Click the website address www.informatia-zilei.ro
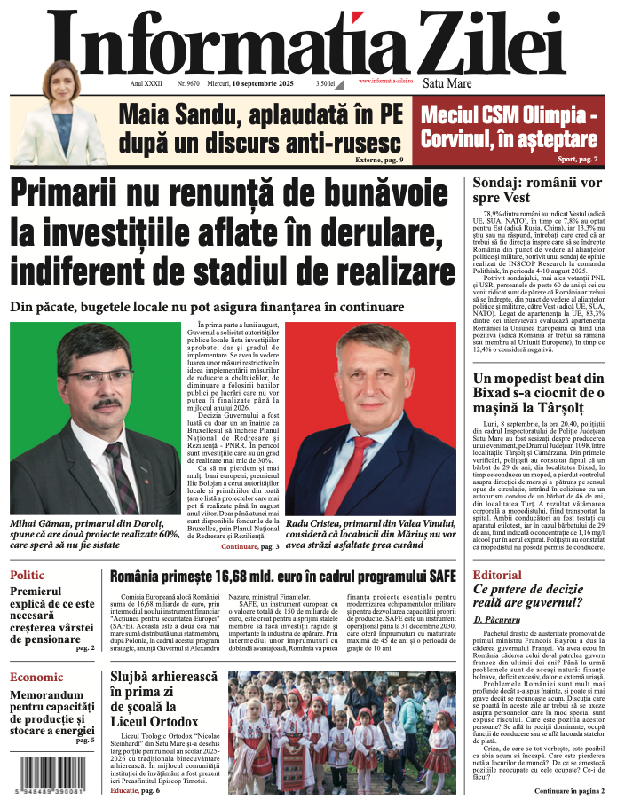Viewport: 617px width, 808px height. pyautogui.click(x=385, y=81)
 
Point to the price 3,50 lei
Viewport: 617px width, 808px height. pyautogui.click(x=326, y=84)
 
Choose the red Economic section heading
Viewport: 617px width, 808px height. pyautogui.click(x=36, y=678)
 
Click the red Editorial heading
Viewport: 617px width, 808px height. pyautogui.click(x=497, y=576)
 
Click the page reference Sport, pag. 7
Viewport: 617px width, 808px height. pyautogui.click(x=578, y=159)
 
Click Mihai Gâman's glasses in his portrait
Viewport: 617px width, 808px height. pyautogui.click(x=87, y=376)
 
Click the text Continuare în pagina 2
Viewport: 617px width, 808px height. pyautogui.click(x=569, y=790)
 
